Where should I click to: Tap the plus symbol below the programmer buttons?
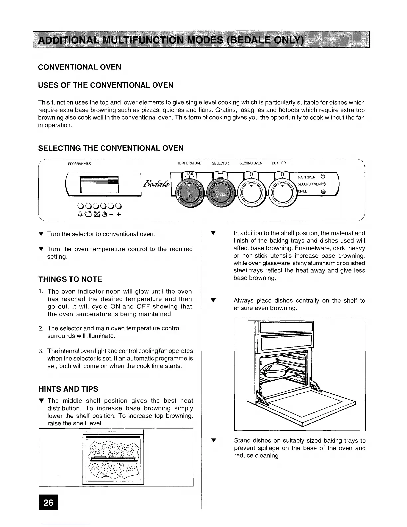click(x=118, y=215)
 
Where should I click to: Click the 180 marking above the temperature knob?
click(x=189, y=174)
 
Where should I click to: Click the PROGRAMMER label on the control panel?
click(x=79, y=163)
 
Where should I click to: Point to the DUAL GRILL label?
click(x=281, y=163)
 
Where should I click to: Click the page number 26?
click(x=48, y=502)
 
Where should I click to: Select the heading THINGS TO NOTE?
click(x=70, y=279)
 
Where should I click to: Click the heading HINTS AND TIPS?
click(x=68, y=389)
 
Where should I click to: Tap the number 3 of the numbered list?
click(x=40, y=351)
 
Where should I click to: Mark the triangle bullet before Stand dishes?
click(x=214, y=441)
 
